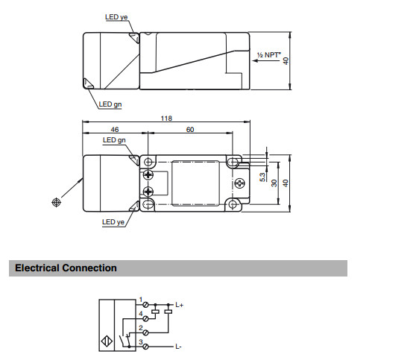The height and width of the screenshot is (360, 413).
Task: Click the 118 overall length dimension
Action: (x=166, y=119)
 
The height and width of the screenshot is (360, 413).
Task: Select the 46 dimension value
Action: (x=115, y=129)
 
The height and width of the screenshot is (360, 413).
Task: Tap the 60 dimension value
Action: (x=190, y=129)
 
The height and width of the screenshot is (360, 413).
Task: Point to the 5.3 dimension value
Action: (x=262, y=177)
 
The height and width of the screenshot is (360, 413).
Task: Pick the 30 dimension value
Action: (x=274, y=183)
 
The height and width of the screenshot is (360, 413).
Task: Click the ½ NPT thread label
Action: (x=269, y=54)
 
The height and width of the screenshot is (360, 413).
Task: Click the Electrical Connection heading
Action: (x=66, y=268)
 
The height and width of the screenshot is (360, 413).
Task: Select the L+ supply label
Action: (x=179, y=305)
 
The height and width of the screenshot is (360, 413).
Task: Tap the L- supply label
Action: (x=178, y=347)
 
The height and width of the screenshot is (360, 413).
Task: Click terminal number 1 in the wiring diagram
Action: (x=141, y=300)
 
